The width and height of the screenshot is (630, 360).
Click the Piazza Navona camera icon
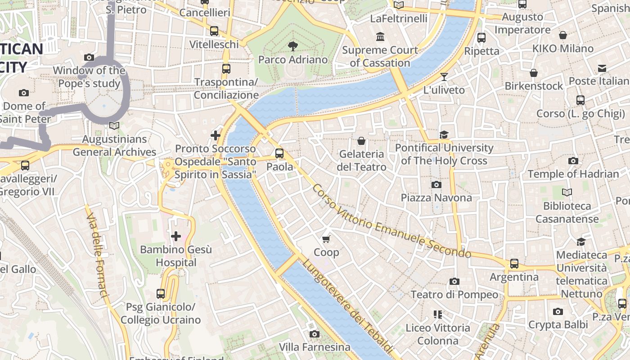[436, 184]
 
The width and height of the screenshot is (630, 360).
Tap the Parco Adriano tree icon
[293, 46]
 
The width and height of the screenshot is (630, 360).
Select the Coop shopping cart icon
[326, 239]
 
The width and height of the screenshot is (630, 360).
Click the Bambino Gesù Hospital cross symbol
[176, 236]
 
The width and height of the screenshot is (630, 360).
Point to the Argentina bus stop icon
[514, 264]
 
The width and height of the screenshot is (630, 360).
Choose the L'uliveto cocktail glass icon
[444, 77]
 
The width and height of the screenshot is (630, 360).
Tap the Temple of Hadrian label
[573, 174]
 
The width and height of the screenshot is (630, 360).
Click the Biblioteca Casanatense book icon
[567, 193]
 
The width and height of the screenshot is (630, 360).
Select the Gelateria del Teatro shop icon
[361, 141]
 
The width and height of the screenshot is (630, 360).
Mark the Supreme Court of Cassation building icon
[380, 36]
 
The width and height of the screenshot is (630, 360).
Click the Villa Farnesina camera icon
[315, 334]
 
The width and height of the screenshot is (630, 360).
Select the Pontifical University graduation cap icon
[444, 135]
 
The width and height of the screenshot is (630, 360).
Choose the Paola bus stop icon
[279, 153]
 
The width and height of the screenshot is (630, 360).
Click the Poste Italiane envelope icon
[602, 68]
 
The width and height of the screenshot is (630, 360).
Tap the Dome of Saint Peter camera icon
[24, 93]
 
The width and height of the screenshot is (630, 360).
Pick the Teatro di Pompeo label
[454, 295]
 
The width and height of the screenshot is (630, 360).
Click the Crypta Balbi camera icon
[558, 311]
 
